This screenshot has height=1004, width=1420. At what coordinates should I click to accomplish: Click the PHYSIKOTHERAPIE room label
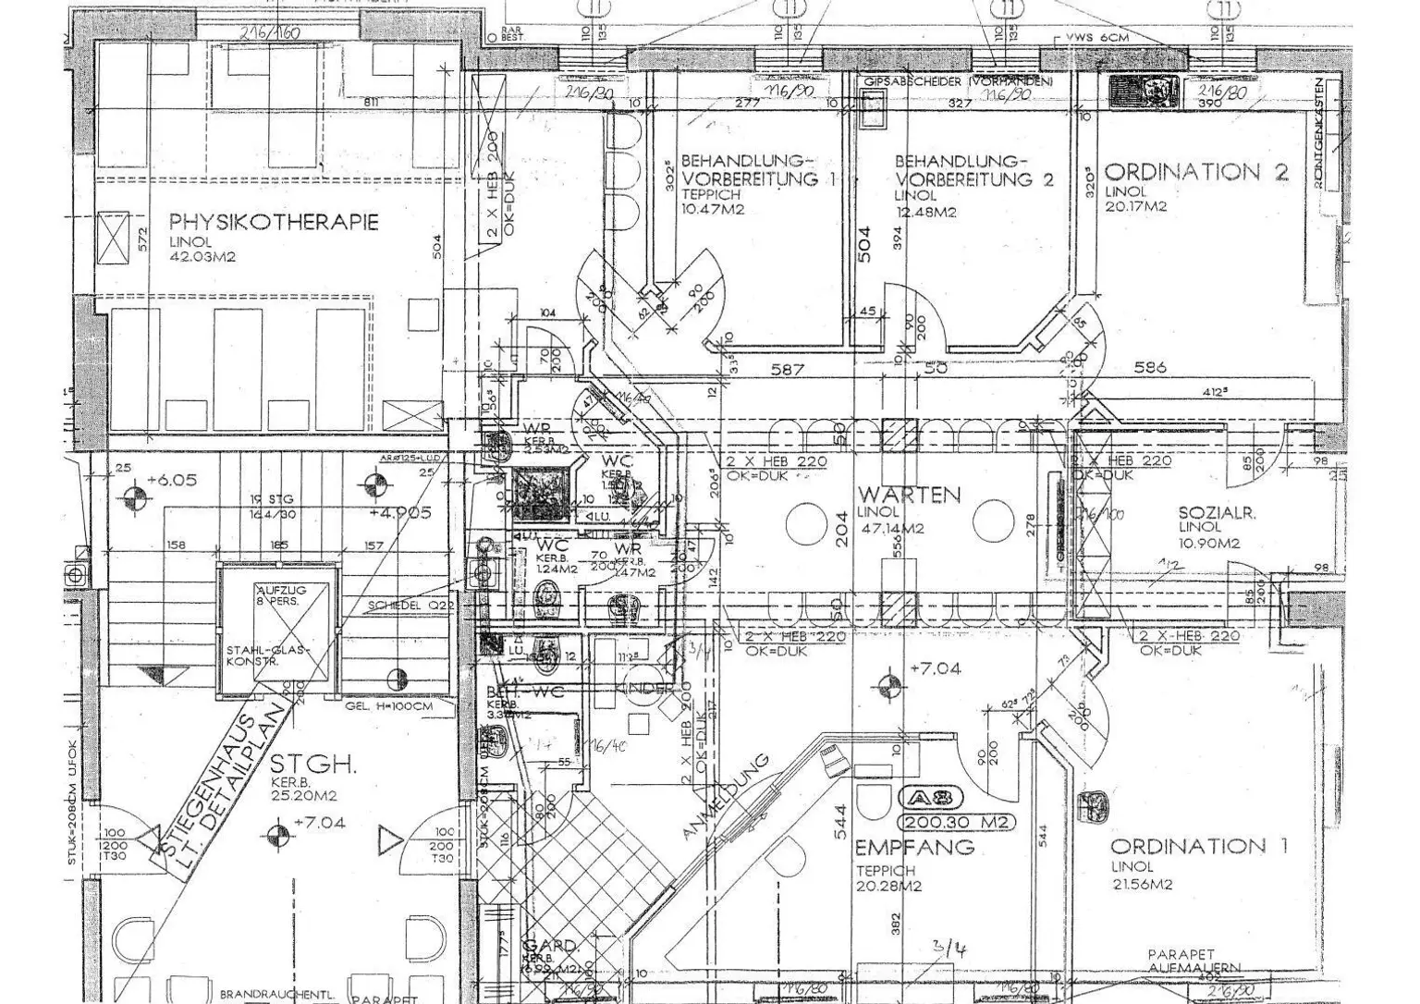click(274, 222)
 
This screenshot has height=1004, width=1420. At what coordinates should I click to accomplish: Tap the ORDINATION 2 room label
click(1196, 172)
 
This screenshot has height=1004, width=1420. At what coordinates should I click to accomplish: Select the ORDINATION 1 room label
click(1198, 846)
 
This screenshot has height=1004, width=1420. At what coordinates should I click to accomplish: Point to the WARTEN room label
click(909, 495)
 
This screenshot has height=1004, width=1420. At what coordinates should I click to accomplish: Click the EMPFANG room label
click(914, 847)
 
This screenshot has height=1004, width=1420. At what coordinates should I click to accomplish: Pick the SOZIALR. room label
click(1217, 513)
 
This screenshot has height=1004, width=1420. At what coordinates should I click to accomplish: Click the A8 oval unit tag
click(936, 798)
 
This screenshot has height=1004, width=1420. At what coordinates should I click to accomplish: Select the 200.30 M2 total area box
click(956, 822)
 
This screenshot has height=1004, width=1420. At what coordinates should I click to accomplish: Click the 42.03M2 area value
click(202, 256)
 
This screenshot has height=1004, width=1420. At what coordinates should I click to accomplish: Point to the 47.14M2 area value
click(889, 529)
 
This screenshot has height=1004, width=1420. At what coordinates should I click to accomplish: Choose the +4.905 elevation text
click(400, 513)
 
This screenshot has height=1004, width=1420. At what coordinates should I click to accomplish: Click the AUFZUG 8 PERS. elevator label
click(280, 596)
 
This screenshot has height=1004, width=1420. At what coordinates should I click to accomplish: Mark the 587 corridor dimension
click(787, 369)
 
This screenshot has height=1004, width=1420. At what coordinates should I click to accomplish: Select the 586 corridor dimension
click(1149, 368)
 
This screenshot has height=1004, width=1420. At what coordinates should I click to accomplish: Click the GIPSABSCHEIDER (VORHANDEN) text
click(957, 82)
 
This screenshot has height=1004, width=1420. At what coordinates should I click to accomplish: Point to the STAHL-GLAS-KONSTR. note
click(268, 657)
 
